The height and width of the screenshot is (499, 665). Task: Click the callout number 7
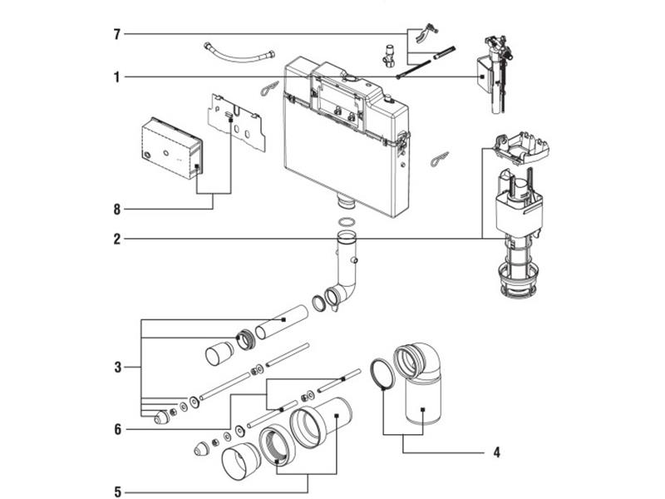pos(117,34)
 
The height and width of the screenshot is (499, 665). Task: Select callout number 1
pos(117,77)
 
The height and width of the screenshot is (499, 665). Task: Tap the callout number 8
pos(117,207)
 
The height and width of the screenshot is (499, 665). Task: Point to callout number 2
pos(117,240)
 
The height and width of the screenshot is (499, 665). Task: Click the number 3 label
pos(117,366)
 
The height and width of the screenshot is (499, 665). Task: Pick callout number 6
pos(117,429)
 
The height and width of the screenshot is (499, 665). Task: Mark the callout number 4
pos(496,453)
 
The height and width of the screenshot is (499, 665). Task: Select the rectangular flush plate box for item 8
pos(170,147)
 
